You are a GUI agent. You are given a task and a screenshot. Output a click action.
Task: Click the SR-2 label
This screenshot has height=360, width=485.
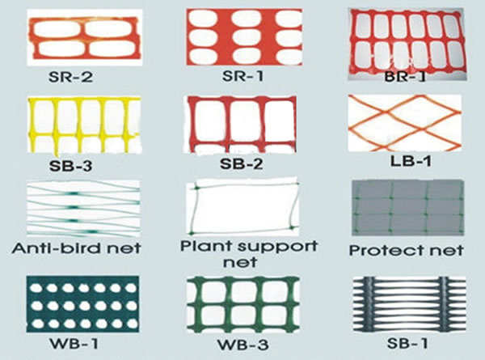(70, 77)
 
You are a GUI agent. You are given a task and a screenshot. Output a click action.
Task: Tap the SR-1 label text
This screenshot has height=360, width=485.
(243, 76)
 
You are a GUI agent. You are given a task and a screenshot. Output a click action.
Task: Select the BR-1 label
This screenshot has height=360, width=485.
(405, 77)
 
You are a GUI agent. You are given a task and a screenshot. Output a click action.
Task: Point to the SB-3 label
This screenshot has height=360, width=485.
(70, 166)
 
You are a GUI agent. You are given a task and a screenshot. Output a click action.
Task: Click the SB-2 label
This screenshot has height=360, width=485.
(242, 164)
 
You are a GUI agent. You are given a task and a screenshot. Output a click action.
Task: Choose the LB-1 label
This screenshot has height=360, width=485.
(411, 161)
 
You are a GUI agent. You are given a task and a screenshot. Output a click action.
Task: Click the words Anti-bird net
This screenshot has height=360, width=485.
(76, 248)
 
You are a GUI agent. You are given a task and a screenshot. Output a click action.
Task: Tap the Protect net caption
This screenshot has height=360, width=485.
(406, 251)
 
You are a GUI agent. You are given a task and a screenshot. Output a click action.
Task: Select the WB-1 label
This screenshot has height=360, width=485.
(74, 343)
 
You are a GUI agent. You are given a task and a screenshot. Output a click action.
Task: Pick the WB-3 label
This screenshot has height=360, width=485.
(242, 345)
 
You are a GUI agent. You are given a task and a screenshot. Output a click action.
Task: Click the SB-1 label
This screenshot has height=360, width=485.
(407, 343)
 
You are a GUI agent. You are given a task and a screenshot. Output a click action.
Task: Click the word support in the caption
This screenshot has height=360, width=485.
(278, 247)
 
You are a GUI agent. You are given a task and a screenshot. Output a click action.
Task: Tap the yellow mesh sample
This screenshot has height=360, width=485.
(84, 125)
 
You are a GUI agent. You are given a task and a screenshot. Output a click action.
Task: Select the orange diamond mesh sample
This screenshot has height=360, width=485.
(405, 123)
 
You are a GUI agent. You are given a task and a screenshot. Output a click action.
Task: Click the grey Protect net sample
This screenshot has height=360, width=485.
(408, 208)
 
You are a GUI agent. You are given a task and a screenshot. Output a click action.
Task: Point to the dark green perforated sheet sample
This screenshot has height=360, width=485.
(82, 304)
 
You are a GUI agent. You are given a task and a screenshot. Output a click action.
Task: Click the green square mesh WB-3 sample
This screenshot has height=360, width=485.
(243, 305)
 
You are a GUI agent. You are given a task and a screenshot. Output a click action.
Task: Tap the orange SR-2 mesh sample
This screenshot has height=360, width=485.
(84, 37)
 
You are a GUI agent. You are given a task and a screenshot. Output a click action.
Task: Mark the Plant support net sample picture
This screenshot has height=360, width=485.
(242, 207)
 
